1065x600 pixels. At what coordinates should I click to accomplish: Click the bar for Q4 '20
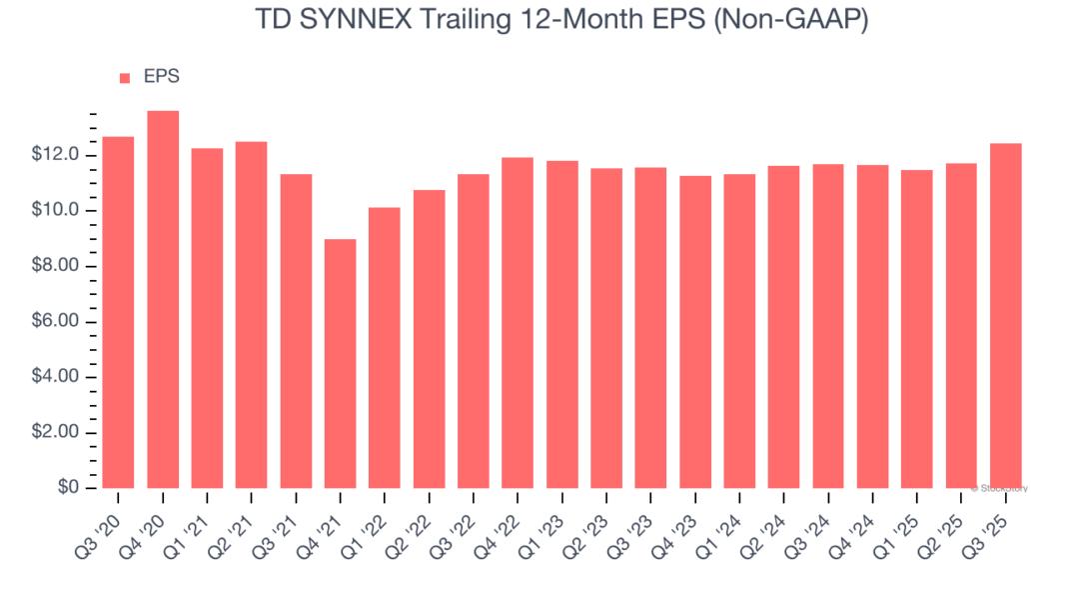tap(163, 300)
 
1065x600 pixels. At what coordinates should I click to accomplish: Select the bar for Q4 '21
tap(341, 364)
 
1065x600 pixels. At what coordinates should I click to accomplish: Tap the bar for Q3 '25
tap(1005, 316)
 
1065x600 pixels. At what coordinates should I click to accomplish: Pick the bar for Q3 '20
tap(118, 312)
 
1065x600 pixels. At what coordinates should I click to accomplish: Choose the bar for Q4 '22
tap(518, 323)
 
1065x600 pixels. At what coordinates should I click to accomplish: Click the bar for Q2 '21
tap(252, 315)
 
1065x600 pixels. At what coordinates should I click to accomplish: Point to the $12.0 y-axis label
tap(57, 156)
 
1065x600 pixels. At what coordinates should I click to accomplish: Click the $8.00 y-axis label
tap(57, 267)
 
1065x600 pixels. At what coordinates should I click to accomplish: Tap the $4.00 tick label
tap(57, 378)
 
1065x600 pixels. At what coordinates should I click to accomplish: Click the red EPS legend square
tap(125, 78)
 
